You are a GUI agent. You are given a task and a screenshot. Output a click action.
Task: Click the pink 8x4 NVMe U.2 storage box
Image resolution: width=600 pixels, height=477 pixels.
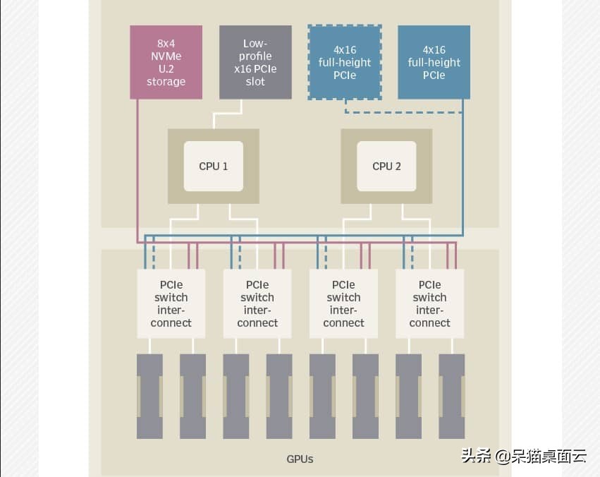(x=166, y=62)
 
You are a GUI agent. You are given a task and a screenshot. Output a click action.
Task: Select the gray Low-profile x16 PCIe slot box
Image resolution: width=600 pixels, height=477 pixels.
(x=255, y=62)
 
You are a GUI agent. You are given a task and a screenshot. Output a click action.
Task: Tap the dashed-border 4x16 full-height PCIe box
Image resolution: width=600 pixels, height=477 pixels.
(x=345, y=62)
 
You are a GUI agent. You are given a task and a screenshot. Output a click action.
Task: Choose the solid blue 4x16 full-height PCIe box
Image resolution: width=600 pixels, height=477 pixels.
(x=434, y=62)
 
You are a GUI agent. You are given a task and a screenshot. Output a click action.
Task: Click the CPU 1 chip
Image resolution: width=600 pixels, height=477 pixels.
(x=214, y=167)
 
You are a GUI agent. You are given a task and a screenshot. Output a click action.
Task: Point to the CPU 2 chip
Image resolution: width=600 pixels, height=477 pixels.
(x=386, y=167)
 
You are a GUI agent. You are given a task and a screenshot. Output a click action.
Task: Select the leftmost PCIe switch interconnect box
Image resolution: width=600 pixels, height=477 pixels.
(x=171, y=303)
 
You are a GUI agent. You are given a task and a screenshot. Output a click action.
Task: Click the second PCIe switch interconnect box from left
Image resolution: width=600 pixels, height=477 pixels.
(x=257, y=303)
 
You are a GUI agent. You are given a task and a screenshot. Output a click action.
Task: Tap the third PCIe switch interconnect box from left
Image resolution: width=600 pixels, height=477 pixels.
(x=343, y=303)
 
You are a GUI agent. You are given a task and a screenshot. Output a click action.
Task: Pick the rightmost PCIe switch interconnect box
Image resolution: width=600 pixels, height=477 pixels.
(x=429, y=303)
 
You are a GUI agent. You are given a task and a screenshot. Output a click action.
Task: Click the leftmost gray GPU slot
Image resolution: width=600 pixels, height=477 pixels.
(x=149, y=396)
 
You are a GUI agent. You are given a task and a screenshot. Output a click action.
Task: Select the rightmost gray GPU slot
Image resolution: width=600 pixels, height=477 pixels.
(x=451, y=396)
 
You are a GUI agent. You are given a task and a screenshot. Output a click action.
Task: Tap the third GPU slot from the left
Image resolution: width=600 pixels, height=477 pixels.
(x=236, y=396)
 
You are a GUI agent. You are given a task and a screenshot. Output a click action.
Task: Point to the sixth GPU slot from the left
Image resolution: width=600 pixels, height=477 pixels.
(x=365, y=396)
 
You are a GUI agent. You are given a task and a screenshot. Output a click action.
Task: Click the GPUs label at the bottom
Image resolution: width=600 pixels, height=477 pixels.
(x=300, y=459)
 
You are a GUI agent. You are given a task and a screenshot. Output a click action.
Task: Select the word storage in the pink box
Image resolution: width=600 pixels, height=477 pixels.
(x=166, y=81)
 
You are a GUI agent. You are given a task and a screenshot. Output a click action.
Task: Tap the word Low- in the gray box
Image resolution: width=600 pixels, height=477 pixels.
(x=255, y=43)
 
